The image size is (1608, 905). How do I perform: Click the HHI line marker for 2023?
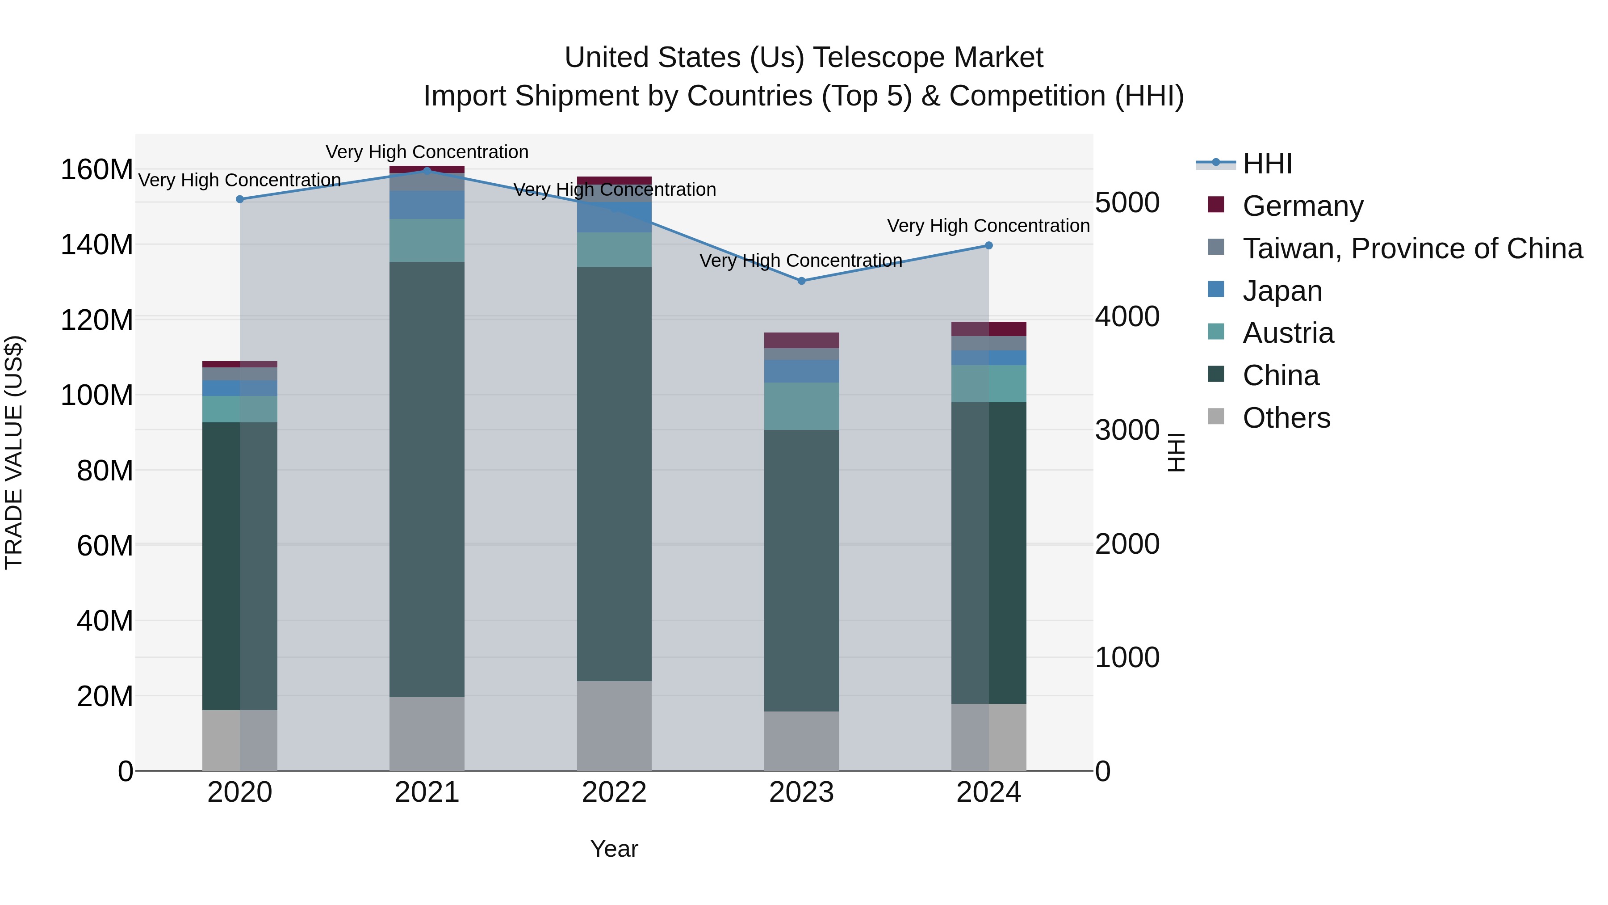(x=801, y=281)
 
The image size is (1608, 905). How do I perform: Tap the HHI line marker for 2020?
(x=240, y=199)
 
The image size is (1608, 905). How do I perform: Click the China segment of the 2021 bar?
(x=427, y=479)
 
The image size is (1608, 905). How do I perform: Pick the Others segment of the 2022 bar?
(x=614, y=725)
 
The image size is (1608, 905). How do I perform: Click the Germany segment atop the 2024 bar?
(x=989, y=329)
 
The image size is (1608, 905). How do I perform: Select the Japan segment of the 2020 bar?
(x=240, y=388)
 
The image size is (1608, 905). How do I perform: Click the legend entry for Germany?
(x=1303, y=206)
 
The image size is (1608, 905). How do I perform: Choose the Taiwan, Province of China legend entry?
(x=1412, y=248)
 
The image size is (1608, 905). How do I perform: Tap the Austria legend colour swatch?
(x=1216, y=332)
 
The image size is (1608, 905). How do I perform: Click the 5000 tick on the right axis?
(x=1127, y=202)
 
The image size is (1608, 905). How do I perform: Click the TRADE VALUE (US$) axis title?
(x=14, y=452)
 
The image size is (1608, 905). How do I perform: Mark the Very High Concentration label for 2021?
(x=427, y=152)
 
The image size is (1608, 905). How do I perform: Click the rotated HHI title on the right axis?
(x=1176, y=452)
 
